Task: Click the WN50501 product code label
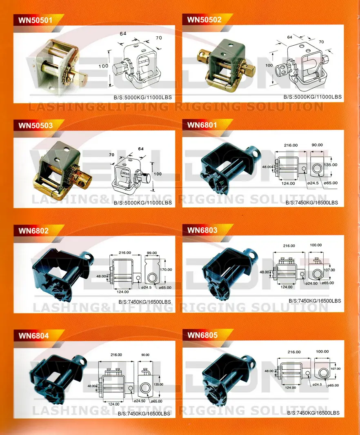click(x=33, y=19)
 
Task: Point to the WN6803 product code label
click(x=202, y=230)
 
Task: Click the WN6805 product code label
click(x=202, y=335)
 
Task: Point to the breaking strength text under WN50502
click(x=313, y=97)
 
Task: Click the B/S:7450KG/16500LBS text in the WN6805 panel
click(x=313, y=413)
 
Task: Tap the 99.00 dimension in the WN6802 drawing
click(x=151, y=253)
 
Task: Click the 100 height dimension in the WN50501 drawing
click(x=103, y=66)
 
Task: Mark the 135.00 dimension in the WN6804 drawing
click(x=158, y=384)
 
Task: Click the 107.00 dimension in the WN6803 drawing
click(x=329, y=270)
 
